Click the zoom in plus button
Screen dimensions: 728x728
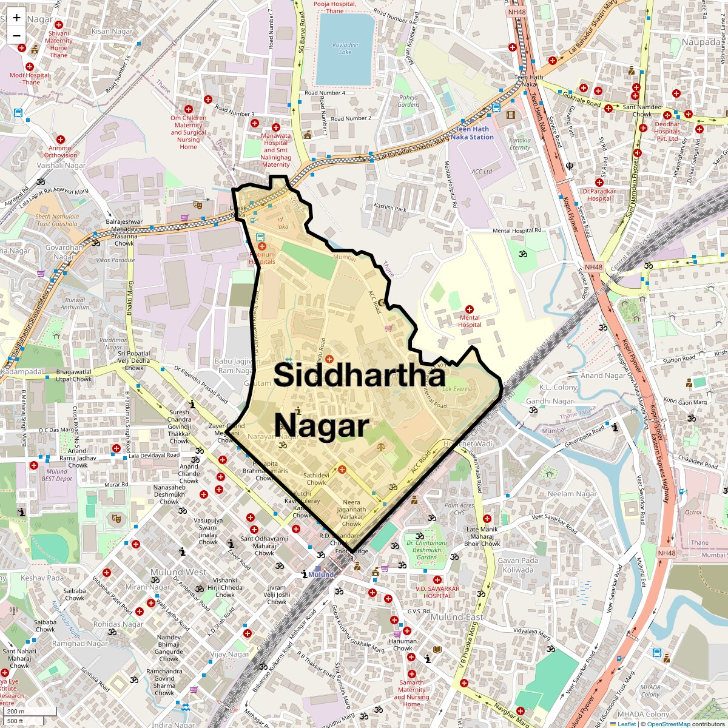click(16, 18)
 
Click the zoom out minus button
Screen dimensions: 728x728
click(16, 35)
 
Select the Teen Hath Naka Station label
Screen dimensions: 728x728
click(475, 133)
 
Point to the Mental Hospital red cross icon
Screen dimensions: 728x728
click(470, 309)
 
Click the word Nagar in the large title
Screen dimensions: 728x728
click(322, 426)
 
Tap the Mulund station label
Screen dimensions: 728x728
click(322, 575)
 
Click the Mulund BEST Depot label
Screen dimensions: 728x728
click(56, 475)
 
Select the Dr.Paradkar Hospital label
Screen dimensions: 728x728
click(599, 194)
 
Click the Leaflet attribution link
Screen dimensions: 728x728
click(626, 724)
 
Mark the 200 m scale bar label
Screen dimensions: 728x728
click(16, 712)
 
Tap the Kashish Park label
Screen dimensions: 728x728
click(390, 208)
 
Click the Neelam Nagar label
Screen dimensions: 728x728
click(573, 494)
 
